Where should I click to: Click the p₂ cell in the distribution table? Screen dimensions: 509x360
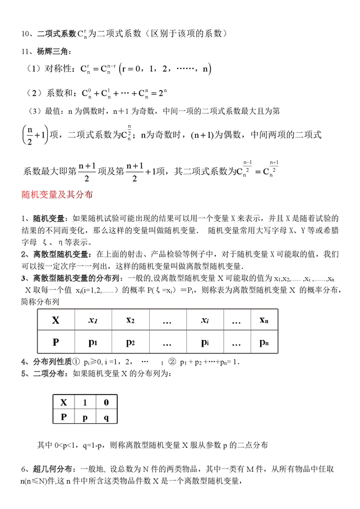[x=130, y=342]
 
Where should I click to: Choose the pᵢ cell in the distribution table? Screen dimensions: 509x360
[x=205, y=342]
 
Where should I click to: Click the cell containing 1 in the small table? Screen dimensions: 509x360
[x=85, y=402]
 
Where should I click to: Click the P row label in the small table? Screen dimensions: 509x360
[x=63, y=416]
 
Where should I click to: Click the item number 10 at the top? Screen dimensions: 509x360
[x=25, y=34]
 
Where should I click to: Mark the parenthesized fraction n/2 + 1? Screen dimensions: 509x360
[x=34, y=135]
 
